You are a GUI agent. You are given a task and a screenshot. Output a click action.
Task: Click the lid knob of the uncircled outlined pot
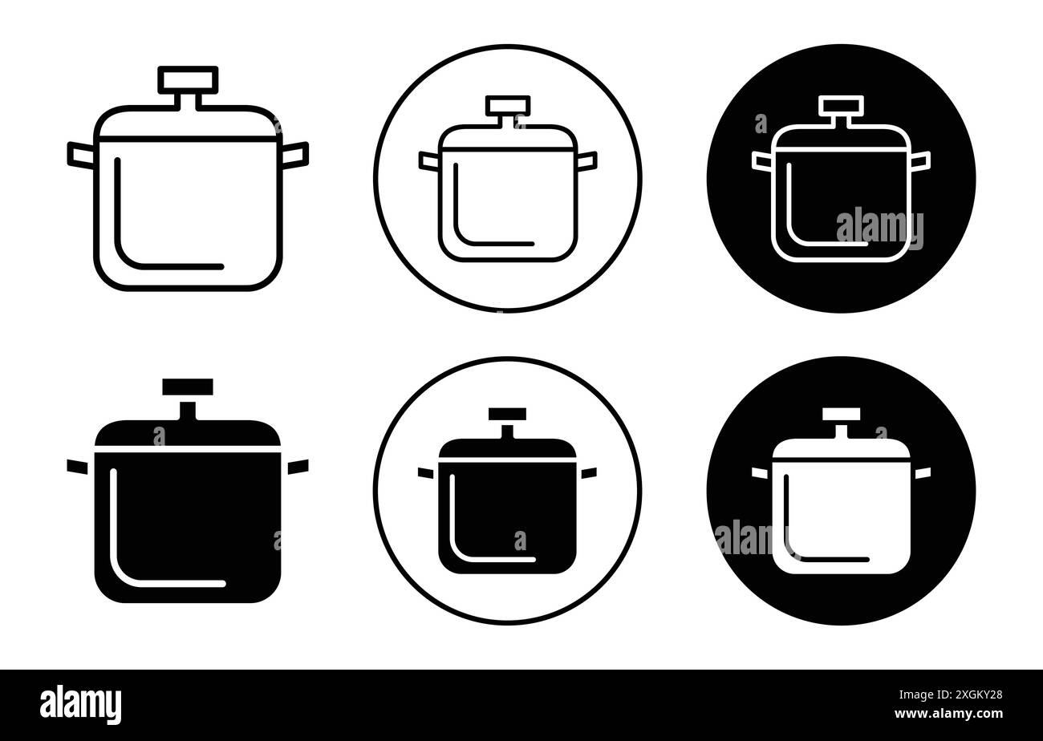click(x=188, y=79)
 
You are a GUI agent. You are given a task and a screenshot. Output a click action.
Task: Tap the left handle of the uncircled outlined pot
click(x=81, y=156)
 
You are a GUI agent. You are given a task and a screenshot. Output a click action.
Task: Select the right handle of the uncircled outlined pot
click(x=295, y=156)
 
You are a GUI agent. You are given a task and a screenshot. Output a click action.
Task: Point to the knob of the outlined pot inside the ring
click(x=508, y=105)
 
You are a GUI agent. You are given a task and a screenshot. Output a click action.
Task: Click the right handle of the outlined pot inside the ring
click(x=587, y=161)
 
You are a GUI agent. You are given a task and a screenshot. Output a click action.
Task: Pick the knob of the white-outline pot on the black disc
click(x=841, y=105)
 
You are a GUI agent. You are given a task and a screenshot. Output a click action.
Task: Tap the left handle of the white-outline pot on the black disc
click(x=761, y=161)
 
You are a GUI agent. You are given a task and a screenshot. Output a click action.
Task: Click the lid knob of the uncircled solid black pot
click(x=188, y=387)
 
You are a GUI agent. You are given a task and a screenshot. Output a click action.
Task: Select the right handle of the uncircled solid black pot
click(x=298, y=466)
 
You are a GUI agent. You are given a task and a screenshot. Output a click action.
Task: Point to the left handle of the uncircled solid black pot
click(x=77, y=466)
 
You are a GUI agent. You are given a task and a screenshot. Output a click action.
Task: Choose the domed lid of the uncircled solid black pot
click(x=188, y=434)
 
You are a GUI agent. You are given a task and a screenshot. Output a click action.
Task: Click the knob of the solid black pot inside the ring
click(x=507, y=414)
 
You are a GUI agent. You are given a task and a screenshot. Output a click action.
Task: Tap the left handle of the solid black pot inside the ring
click(x=425, y=473)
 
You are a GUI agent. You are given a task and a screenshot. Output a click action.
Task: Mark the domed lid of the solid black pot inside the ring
click(x=507, y=448)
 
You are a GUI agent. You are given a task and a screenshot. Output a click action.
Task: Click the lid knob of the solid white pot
click(x=841, y=414)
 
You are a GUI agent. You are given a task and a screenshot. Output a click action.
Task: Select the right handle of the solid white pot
click(x=923, y=473)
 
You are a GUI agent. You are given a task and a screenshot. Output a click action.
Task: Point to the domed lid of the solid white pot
click(x=841, y=449)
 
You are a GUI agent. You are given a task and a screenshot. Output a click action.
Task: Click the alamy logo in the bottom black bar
click(x=81, y=704)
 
